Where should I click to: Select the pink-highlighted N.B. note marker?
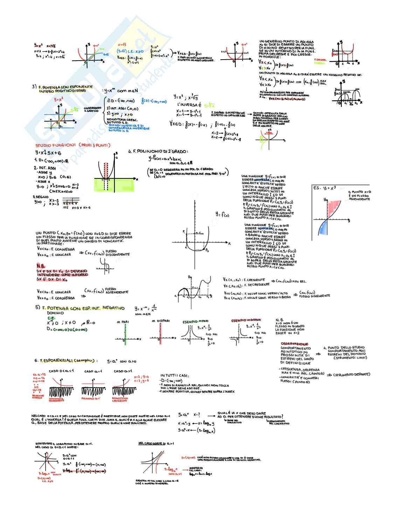pyautogui.click(x=41, y=266)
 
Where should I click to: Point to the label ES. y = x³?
pyautogui.click(x=324, y=188)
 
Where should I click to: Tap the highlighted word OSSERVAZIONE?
pyautogui.click(x=294, y=344)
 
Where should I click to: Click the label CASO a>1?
pyautogui.click(x=123, y=371)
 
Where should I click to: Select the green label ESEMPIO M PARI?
pyautogui.click(x=195, y=321)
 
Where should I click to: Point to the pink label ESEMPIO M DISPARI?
pyautogui.click(x=246, y=320)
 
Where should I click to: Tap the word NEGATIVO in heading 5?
pyautogui.click(x=113, y=308)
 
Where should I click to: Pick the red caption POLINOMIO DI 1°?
pyautogui.click(x=91, y=398)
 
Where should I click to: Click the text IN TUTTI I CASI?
pyautogui.click(x=175, y=376)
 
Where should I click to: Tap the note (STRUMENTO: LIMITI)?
pyautogui.click(x=350, y=358)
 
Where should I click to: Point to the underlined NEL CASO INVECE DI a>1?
pyautogui.click(x=156, y=443)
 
